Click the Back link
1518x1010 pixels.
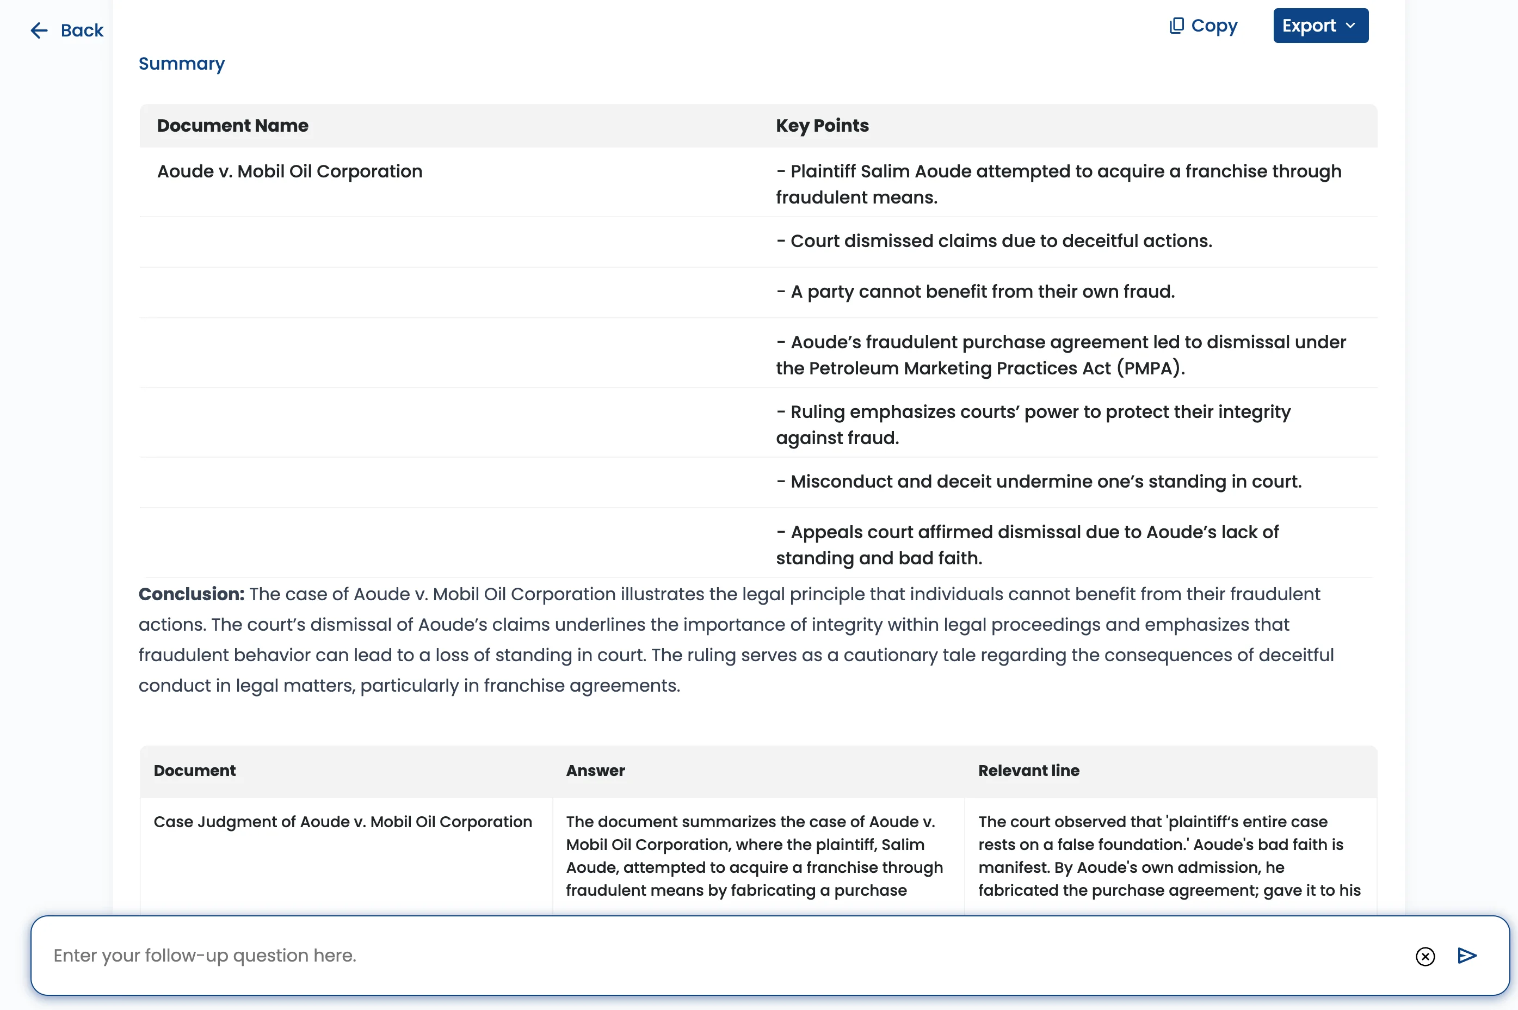click(67, 30)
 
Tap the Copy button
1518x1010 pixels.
click(1202, 26)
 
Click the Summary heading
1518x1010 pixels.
click(182, 64)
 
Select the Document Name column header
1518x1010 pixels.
click(232, 126)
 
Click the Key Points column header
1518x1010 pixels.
click(822, 126)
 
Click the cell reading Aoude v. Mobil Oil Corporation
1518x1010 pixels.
click(290, 171)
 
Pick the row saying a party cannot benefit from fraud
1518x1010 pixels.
click(975, 292)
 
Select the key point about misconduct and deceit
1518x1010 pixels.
click(1038, 482)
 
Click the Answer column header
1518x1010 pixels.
click(595, 771)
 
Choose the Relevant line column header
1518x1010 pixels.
click(1028, 771)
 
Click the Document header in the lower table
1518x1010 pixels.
click(194, 771)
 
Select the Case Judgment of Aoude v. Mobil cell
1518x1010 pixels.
click(343, 822)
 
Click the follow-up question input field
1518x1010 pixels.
click(708, 955)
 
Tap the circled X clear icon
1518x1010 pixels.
click(1424, 957)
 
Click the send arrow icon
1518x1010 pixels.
click(1466, 955)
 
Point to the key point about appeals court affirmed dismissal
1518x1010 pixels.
click(1027, 545)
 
